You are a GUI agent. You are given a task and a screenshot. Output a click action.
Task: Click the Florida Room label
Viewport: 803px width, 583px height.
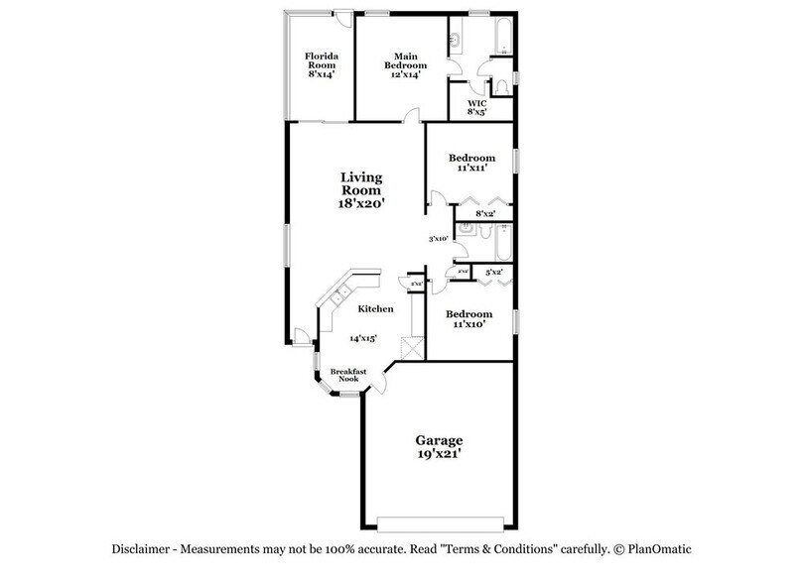coord(320,63)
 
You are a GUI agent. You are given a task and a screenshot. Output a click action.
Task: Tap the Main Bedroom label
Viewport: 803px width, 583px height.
coord(403,63)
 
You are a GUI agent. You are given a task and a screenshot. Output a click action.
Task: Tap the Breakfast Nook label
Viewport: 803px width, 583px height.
coord(348,376)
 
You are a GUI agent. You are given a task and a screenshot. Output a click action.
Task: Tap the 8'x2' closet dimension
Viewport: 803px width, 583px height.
coord(485,213)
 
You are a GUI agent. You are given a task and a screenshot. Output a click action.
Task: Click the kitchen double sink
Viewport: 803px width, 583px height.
coord(338,294)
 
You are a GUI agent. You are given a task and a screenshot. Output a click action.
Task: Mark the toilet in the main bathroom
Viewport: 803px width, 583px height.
coord(499,87)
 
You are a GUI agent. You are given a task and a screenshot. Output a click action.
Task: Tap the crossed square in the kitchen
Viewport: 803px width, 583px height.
coord(410,348)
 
